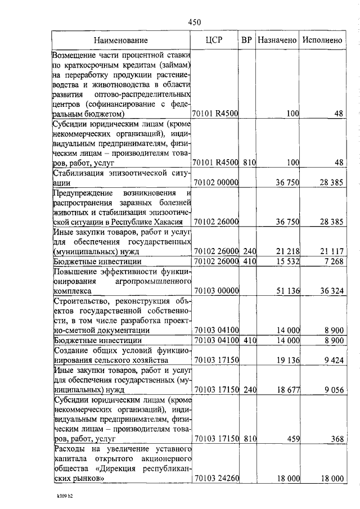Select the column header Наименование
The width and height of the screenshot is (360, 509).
121,40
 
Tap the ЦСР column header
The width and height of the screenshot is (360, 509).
215,40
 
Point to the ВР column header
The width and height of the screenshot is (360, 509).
246,40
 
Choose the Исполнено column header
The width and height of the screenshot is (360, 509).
322,40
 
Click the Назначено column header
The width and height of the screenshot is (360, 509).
277,40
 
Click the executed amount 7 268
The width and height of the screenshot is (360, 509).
331,262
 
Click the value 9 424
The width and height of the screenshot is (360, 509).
331,361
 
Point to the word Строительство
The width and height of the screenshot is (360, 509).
80,301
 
